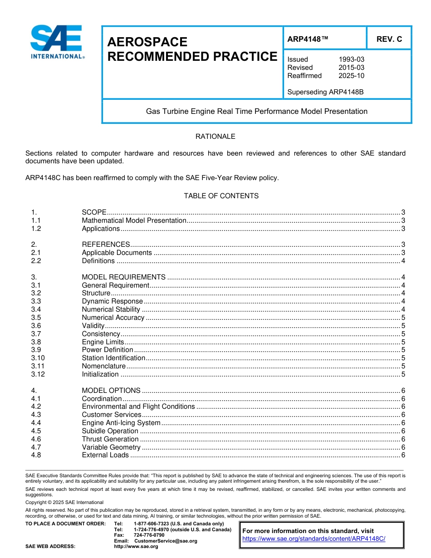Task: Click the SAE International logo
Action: [56, 42]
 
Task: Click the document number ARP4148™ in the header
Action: [307, 39]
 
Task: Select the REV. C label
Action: [389, 39]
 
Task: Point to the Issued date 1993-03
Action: [351, 59]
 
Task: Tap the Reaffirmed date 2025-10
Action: [351, 76]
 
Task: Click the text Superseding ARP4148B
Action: [325, 92]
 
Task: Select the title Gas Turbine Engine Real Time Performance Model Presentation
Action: [256, 111]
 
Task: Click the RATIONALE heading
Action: [215, 137]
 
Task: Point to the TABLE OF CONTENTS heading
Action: [221, 196]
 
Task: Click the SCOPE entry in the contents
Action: [94, 212]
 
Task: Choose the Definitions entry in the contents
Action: [98, 261]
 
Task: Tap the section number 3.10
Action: [38, 358]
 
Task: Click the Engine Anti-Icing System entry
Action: [121, 423]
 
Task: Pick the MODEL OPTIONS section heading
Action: [111, 391]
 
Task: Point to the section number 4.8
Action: [36, 455]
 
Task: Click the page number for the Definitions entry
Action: [403, 261]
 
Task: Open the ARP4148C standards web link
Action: [313, 538]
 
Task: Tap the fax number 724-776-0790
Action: [149, 535]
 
